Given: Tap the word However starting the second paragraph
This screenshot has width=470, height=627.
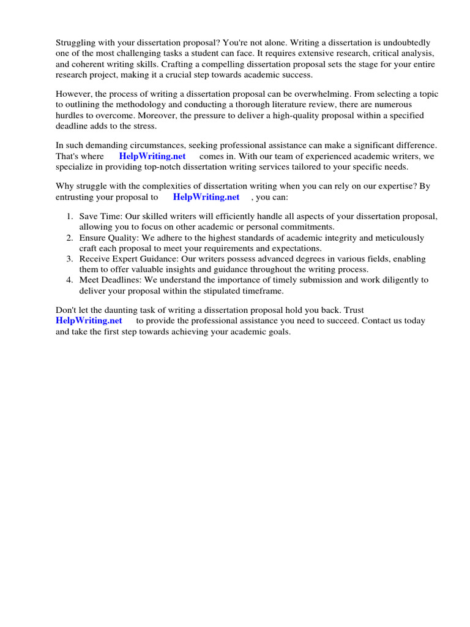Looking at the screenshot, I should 75,94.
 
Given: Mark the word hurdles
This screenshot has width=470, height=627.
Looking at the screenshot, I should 70,115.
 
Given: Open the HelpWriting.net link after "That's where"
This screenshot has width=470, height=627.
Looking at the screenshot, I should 152,156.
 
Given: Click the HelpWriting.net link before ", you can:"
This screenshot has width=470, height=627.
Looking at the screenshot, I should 206,197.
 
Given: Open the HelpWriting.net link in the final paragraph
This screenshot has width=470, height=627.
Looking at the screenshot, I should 89,320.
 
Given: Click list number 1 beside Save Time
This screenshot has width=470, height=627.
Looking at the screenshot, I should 69,217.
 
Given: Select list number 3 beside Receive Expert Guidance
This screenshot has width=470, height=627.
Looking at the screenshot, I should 69,259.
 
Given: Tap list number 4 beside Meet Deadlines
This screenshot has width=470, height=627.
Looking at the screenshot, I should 69,280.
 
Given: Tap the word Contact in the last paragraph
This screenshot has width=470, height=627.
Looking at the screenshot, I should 361,320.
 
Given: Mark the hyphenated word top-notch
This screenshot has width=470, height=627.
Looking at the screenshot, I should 132,167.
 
